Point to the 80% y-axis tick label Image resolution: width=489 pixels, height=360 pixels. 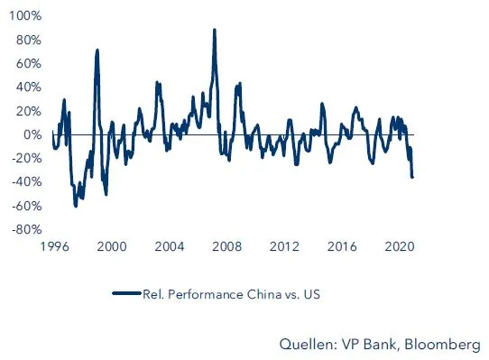pos(27,41)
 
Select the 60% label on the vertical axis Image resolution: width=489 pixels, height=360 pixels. pos(27,64)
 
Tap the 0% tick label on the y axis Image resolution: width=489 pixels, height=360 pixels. pos(31,134)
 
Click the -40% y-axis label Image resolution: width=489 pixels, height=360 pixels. pos(24,181)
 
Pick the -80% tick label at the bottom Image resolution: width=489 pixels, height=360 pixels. pos(24,228)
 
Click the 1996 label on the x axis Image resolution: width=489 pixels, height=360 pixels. pos(52,245)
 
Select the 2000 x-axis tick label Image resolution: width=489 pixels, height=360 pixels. pos(111,245)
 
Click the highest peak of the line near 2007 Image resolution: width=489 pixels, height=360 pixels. pos(215,30)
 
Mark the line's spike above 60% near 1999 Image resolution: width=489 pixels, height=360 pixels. pos(97,51)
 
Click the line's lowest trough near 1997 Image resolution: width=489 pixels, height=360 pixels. pos(76,206)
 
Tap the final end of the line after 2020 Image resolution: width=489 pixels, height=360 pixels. pos(412,177)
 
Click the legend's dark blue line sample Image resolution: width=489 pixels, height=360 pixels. pos(126,293)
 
